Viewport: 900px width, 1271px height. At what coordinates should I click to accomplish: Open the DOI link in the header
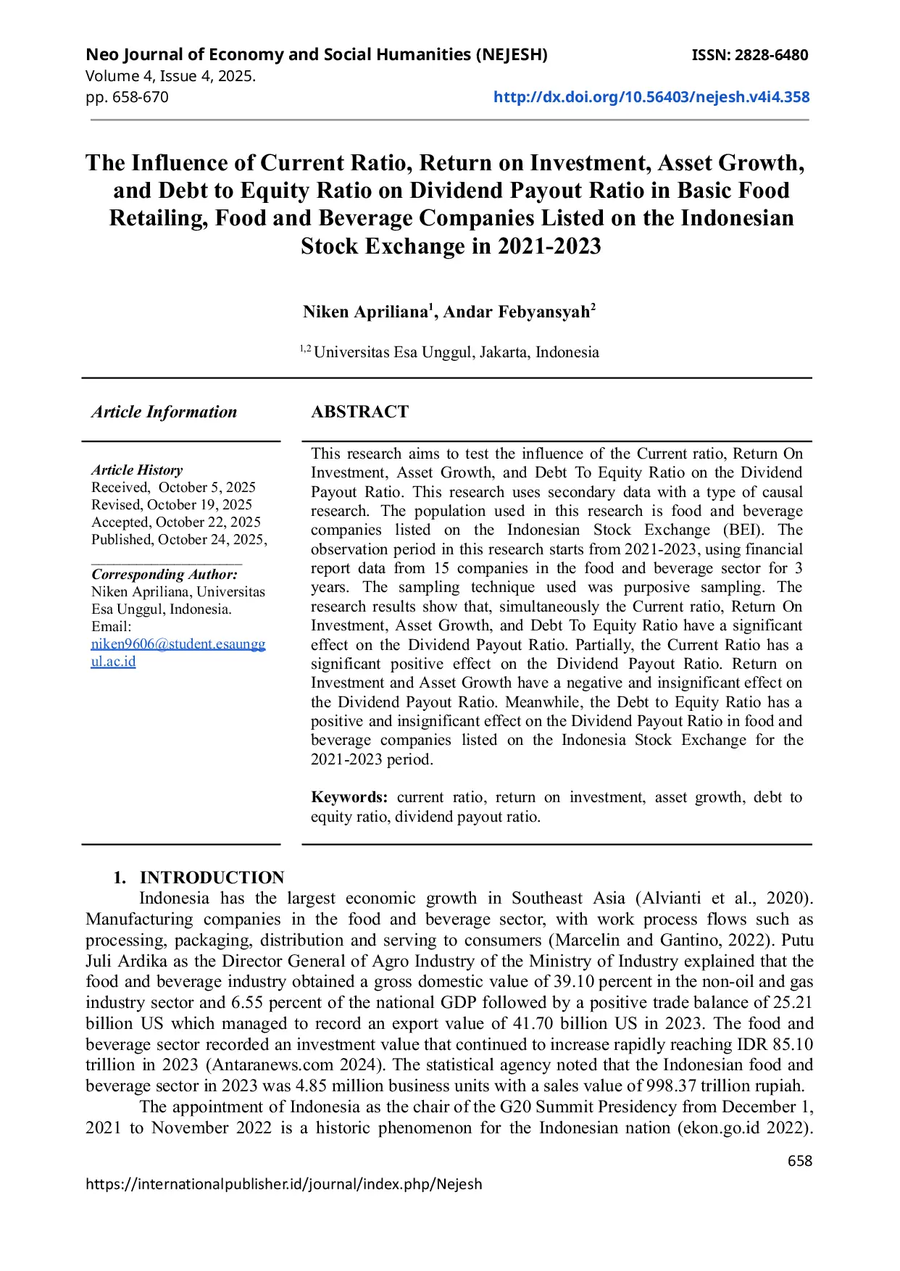(x=651, y=97)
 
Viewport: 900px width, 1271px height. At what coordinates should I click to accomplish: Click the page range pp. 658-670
(x=127, y=97)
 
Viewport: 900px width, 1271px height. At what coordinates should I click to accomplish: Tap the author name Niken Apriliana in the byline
(x=365, y=312)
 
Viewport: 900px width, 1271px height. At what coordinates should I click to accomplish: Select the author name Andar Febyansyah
(x=517, y=312)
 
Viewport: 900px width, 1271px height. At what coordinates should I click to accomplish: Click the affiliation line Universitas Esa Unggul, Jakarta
(x=456, y=353)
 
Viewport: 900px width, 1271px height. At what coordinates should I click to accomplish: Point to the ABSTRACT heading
(x=359, y=412)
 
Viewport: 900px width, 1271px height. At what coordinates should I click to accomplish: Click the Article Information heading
(x=164, y=412)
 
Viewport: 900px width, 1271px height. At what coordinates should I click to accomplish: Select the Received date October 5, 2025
(x=207, y=488)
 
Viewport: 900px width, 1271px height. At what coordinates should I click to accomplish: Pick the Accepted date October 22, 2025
(x=208, y=522)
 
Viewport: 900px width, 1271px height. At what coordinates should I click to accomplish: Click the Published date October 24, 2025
(x=211, y=540)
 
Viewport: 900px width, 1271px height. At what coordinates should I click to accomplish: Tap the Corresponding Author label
(x=164, y=575)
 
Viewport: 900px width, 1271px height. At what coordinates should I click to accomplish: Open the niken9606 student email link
(x=178, y=644)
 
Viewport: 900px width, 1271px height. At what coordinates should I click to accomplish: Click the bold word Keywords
(x=349, y=798)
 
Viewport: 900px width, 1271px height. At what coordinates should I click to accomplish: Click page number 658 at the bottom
(x=799, y=1161)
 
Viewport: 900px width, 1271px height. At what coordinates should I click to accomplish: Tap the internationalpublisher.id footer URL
(x=283, y=1184)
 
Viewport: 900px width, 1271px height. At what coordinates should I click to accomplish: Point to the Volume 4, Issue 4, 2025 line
(x=170, y=76)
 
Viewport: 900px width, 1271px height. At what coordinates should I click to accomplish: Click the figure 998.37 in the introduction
(x=675, y=1086)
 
